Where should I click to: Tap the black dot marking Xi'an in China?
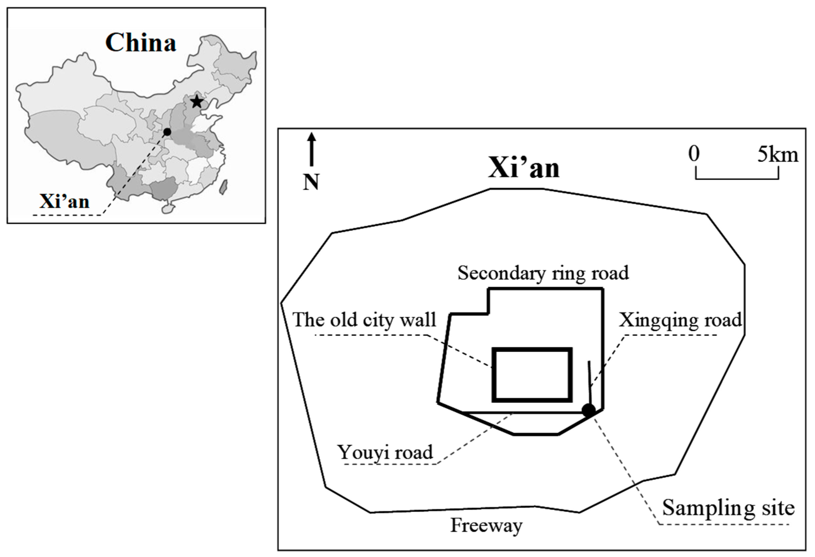167,132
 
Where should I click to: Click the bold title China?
141,43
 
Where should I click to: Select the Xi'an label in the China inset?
64,202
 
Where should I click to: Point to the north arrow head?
312,136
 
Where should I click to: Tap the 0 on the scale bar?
693,154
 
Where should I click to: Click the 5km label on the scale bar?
778,155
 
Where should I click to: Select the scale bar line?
737,179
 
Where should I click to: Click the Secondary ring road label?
543,273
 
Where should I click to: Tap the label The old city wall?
364,320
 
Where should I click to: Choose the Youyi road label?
385,452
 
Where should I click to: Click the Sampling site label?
728,508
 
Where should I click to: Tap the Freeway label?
486,526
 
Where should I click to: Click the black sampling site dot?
588,409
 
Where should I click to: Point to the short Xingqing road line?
590,383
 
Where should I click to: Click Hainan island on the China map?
168,208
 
